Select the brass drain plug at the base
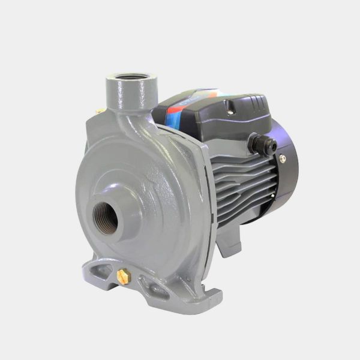click(x=124, y=275)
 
